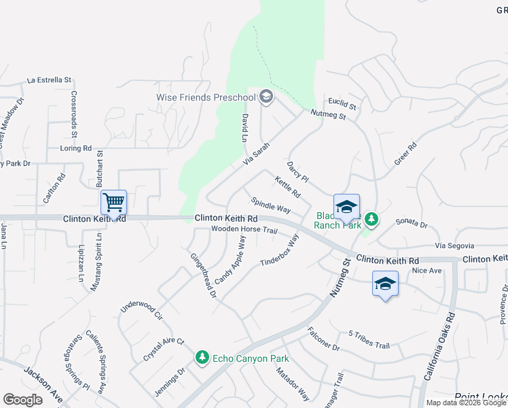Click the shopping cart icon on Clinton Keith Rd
point(113,202)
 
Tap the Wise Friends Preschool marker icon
point(266,97)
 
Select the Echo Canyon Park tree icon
point(202,357)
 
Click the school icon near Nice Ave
point(385,284)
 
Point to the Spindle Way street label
point(270,205)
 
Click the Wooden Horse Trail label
point(244,230)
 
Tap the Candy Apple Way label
point(230,260)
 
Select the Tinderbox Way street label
point(280,250)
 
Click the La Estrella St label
point(49,80)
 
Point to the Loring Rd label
point(75,148)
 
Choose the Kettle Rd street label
point(287,186)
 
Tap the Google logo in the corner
point(22,400)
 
